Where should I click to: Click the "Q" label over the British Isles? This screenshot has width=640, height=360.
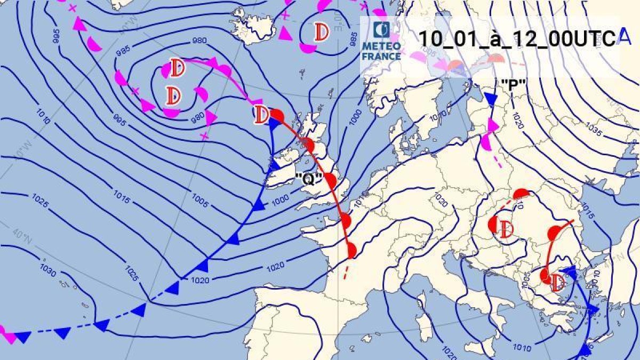307,180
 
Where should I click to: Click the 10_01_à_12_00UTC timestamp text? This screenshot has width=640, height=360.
516,39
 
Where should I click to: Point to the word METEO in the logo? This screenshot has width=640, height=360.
381,47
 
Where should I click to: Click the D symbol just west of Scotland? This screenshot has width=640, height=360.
261,114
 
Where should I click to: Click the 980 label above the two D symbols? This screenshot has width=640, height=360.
199,41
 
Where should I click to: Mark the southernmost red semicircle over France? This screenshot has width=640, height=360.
351,250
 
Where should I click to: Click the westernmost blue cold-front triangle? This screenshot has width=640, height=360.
22,337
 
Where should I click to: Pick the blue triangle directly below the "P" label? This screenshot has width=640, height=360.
491,99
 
